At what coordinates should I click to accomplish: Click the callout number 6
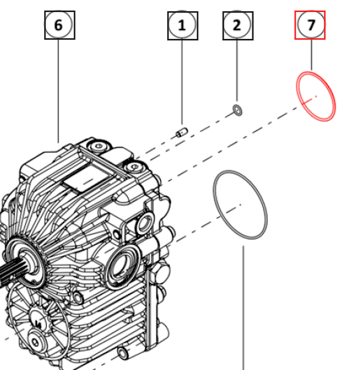coord(59,24)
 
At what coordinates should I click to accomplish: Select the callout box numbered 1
coord(182,26)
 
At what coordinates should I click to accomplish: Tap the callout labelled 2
coord(238,26)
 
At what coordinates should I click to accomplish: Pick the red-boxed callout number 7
coord(310,24)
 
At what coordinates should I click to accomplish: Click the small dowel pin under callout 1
coord(182,133)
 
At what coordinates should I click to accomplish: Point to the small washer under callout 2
coord(238,110)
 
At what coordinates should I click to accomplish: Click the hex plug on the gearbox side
coord(161,273)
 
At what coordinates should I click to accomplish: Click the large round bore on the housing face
coord(121,266)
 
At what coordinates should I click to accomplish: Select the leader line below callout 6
coord(58,91)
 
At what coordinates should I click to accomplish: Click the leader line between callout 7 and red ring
coord(311,54)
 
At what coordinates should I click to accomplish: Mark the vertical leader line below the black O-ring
coord(243,308)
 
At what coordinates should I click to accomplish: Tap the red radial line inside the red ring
coord(310,100)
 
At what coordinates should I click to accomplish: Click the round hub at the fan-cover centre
coord(38,322)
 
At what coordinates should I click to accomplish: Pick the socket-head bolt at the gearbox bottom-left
coord(36,341)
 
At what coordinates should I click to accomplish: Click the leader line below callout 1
coord(182,82)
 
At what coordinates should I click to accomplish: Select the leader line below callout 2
coord(237,71)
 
